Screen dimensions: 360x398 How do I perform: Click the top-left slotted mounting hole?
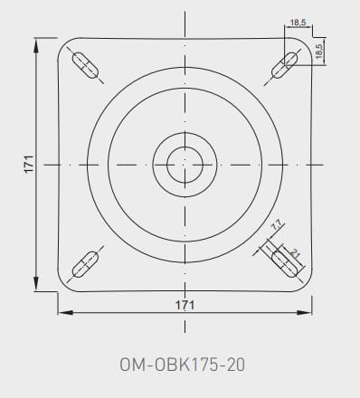click(85, 65)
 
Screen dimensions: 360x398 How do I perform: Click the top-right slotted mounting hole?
click(285, 65)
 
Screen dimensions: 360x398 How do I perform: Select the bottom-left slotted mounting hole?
click(85, 264)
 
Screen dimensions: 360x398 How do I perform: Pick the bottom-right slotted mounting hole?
click(285, 264)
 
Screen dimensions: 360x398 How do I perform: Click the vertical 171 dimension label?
click(29, 165)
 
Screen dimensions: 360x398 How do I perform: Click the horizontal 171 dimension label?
click(185, 305)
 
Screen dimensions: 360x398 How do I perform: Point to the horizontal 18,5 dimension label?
click(298, 23)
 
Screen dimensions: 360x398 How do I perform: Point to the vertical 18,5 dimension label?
click(319, 51)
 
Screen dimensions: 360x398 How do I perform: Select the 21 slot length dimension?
click(295, 254)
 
